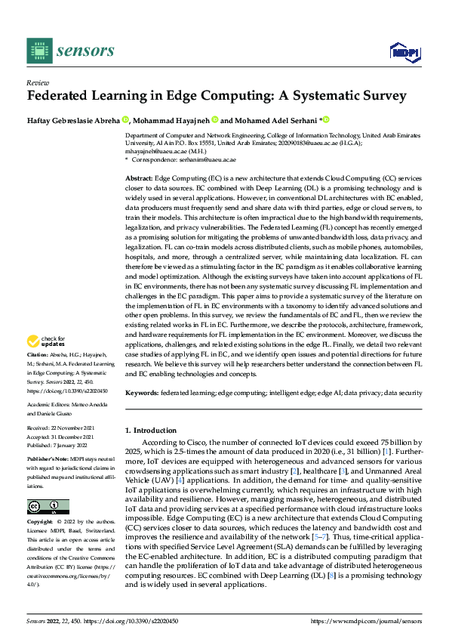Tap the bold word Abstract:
click(x=138, y=176)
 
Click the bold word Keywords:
click(x=141, y=394)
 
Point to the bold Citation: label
click(x=38, y=354)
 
